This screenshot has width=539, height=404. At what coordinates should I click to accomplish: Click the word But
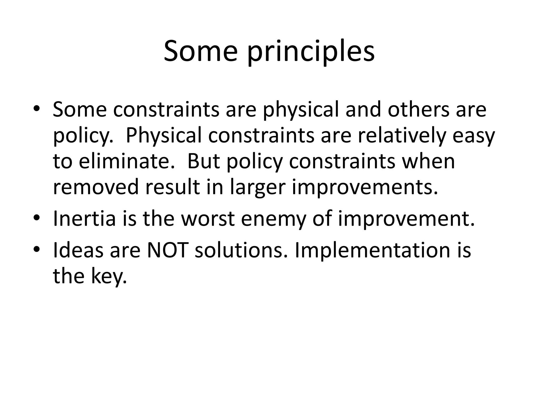click(203, 161)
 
